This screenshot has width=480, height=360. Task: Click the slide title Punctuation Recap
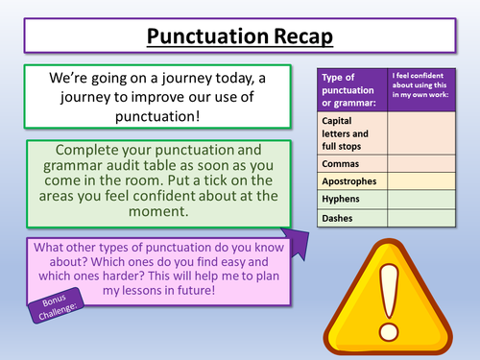(x=241, y=37)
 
